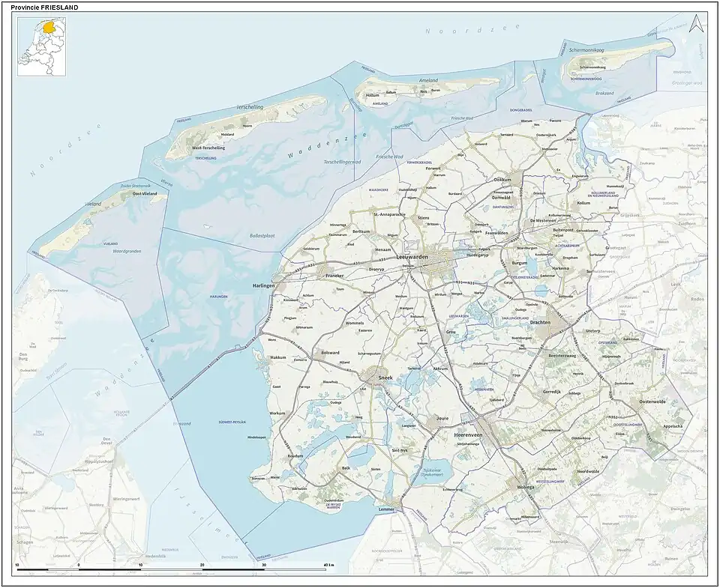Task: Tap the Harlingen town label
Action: point(263,285)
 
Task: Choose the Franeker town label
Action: point(334,276)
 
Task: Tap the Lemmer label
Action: point(386,509)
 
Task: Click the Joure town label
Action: point(442,419)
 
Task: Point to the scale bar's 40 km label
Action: point(328,564)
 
